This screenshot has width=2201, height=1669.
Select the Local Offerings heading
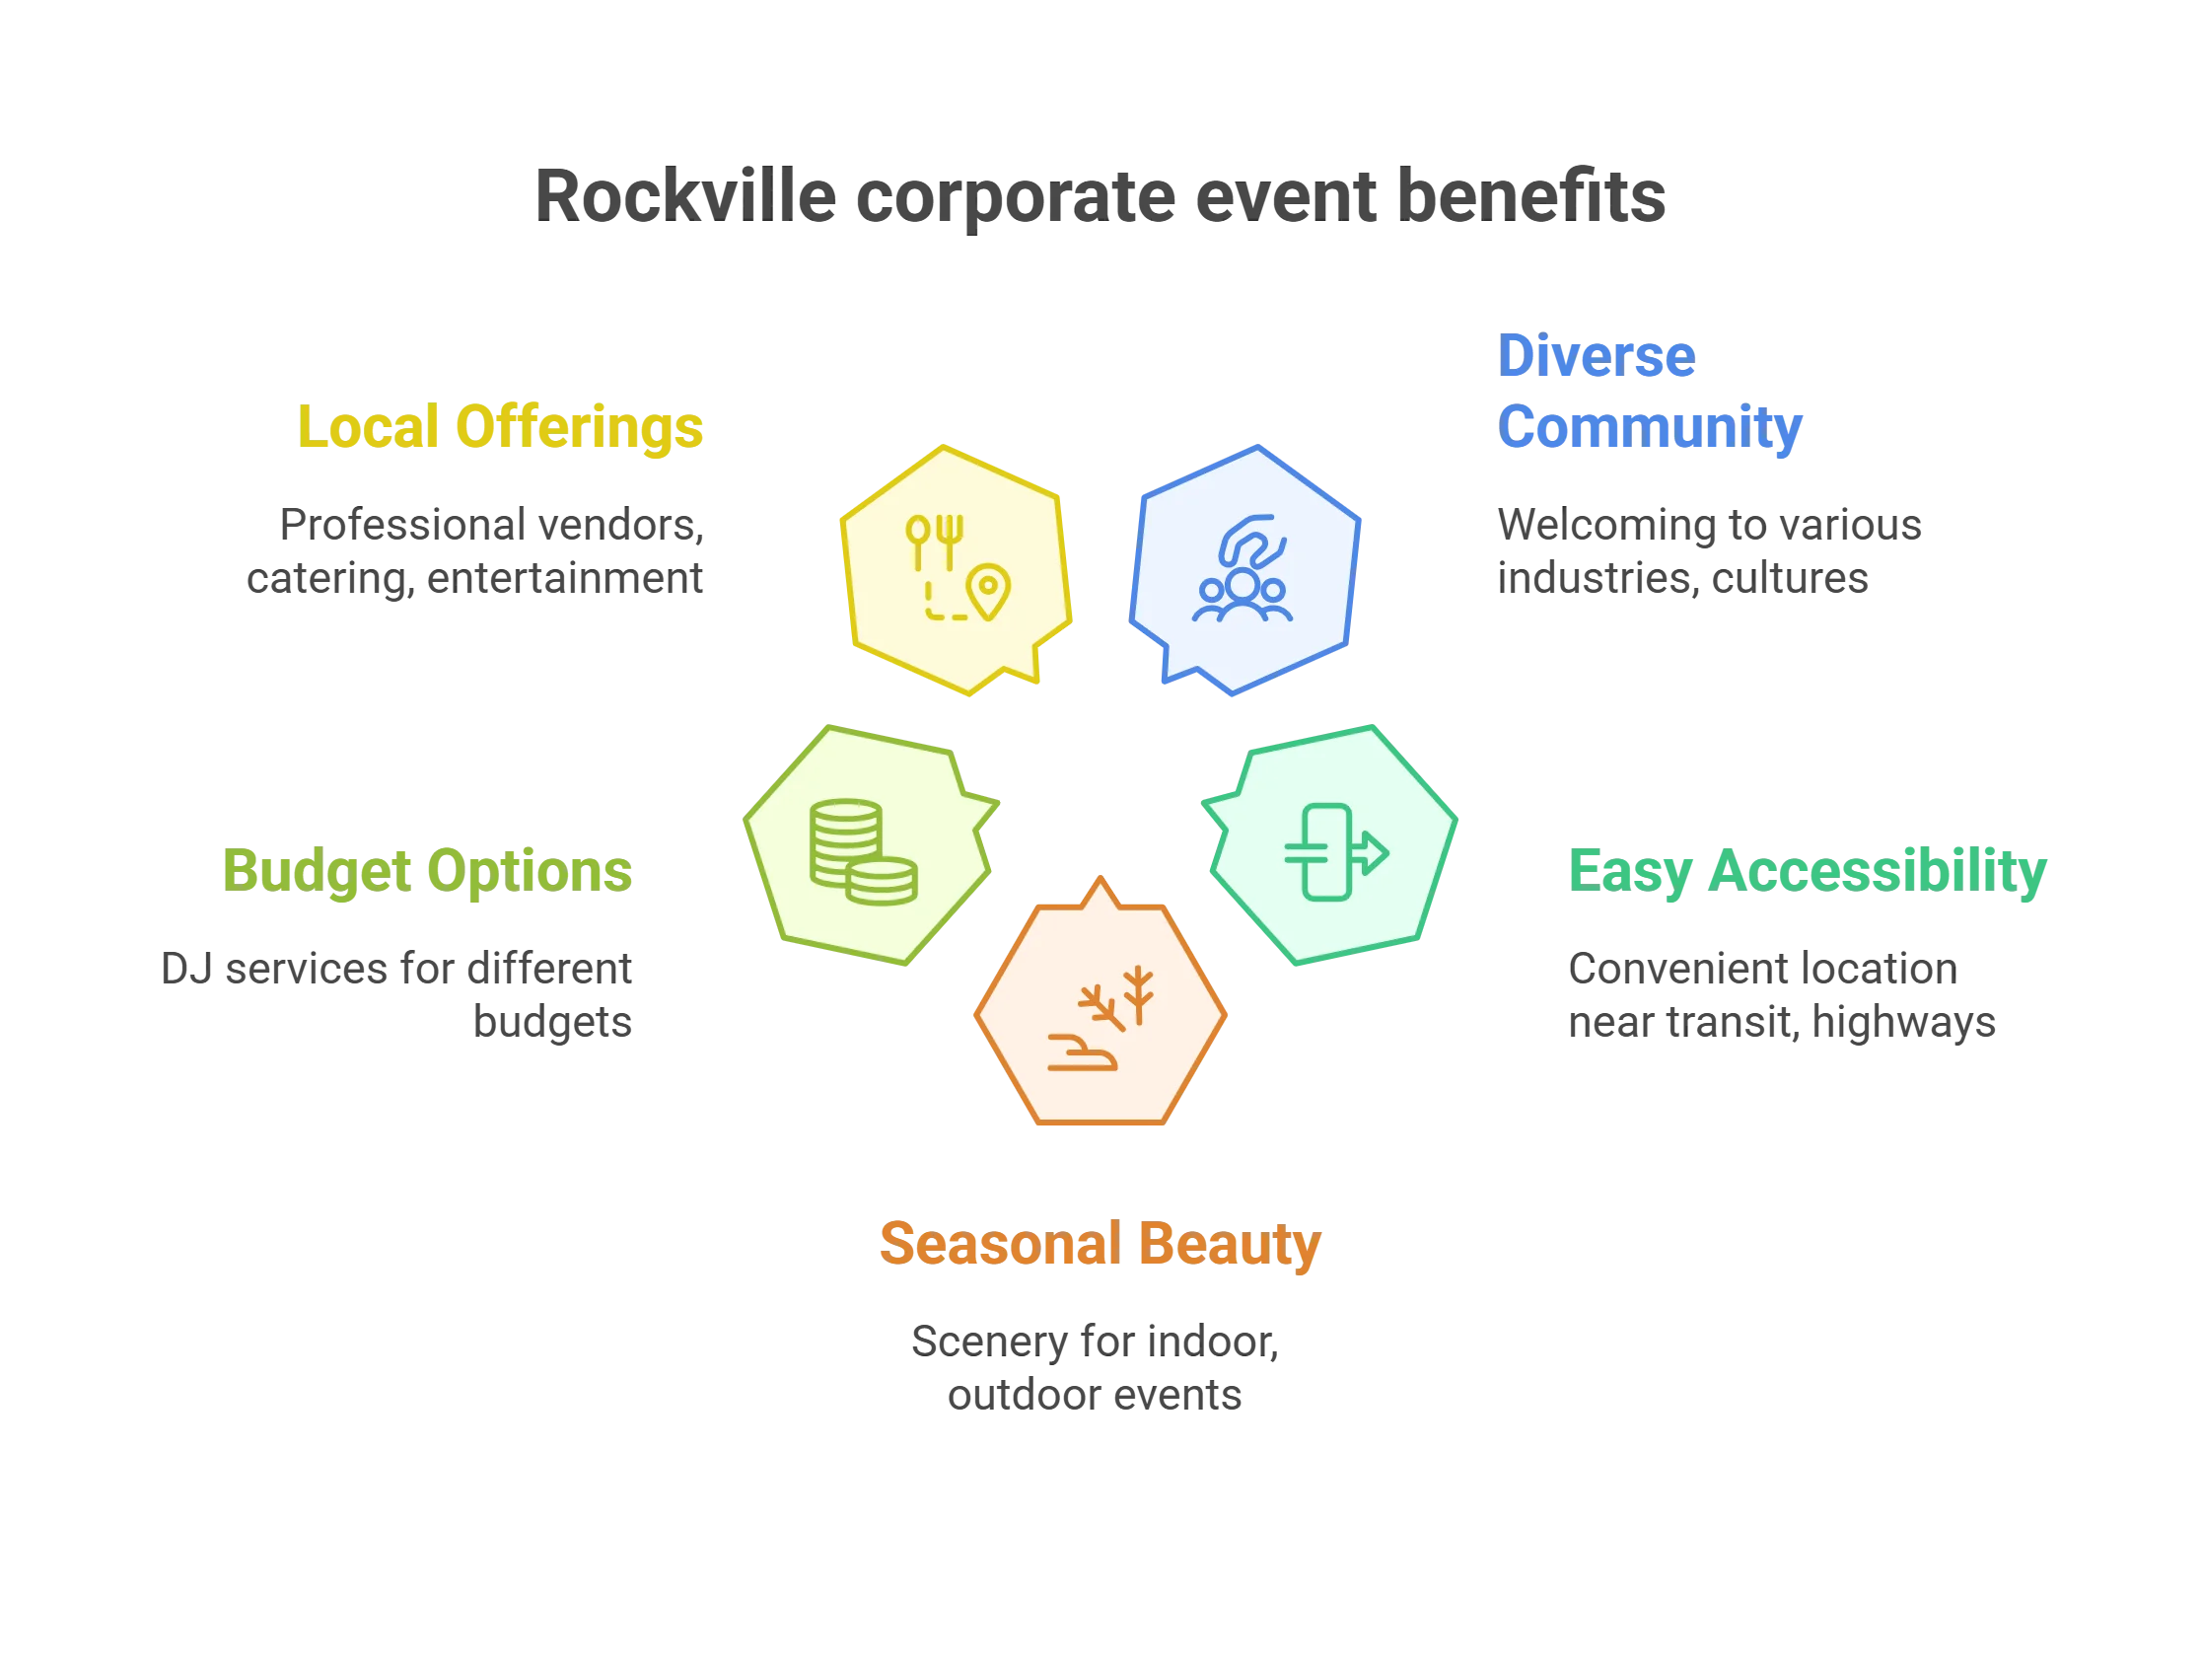pyautogui.click(x=503, y=427)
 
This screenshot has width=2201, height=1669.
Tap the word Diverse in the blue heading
pyautogui.click(x=1597, y=356)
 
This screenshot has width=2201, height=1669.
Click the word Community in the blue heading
pyautogui.click(x=1651, y=427)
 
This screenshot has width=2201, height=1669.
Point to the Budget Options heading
pyautogui.click(x=427, y=870)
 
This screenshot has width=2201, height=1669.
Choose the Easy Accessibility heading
pyautogui.click(x=1808, y=871)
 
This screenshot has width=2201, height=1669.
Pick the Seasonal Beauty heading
pyautogui.click(x=1100, y=1243)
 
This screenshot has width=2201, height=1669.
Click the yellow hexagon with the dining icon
pyautogui.click(x=954, y=569)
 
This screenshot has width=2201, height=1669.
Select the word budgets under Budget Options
pyautogui.click(x=553, y=1023)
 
